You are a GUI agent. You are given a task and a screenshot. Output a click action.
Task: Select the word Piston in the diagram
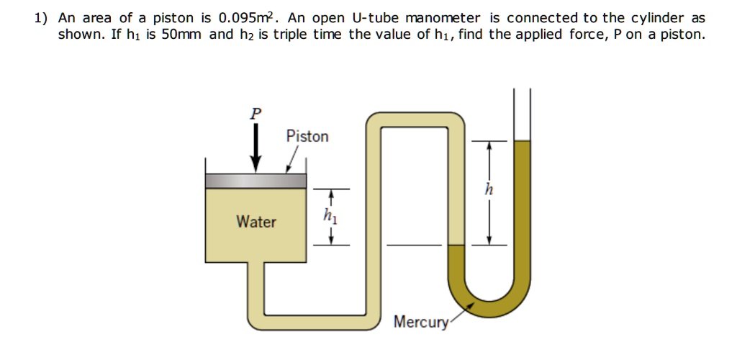[307, 136]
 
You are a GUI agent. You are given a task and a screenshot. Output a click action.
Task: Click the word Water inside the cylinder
[256, 222]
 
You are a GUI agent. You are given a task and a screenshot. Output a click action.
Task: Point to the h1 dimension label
[330, 215]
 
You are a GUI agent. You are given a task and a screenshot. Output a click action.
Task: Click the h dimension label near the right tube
[489, 190]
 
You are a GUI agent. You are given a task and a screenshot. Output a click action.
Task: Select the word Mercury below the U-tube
[421, 322]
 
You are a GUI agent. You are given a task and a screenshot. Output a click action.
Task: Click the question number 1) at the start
[41, 18]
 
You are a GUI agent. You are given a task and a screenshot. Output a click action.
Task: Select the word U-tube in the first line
[374, 18]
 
